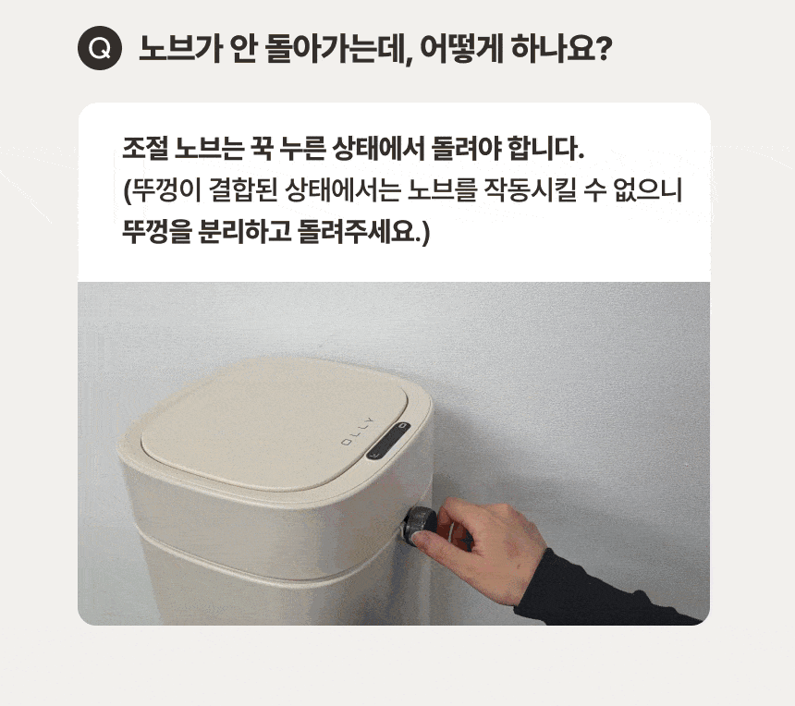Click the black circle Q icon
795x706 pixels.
[100, 48]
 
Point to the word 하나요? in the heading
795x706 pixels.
[562, 49]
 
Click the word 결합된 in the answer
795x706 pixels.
[243, 190]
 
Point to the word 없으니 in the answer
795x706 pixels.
[648, 190]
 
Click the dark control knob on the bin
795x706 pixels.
[420, 525]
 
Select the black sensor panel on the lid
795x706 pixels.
[388, 441]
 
